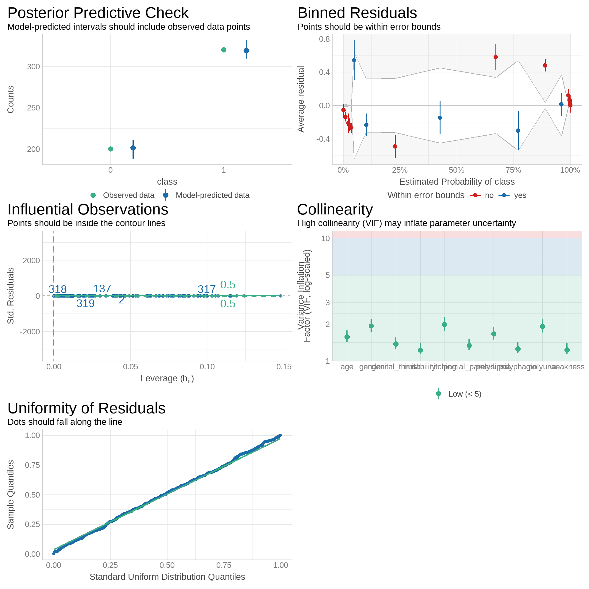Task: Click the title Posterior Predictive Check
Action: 98,13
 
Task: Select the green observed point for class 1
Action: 224,50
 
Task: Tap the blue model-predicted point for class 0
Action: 133,148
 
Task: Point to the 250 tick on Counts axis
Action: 33,108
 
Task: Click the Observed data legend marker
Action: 93,195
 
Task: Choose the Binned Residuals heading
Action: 357,13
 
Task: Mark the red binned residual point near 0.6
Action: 496,57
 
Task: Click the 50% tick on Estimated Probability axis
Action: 456,170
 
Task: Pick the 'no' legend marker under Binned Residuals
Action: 475,195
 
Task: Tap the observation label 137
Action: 102,289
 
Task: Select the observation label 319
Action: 85,303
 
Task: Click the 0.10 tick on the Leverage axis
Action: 207,367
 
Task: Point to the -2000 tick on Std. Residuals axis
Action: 30,332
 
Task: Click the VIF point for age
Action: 347,337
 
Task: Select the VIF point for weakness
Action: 567,350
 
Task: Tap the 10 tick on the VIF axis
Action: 325,238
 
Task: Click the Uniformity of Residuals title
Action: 86,408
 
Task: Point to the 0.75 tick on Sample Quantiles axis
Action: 32,465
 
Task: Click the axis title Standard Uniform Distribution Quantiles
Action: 167,577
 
